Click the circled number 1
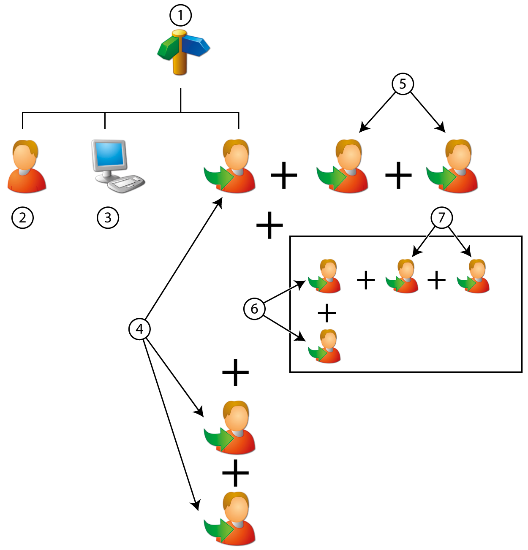tap(180, 16)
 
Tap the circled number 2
tap(22, 218)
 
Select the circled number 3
tap(108, 218)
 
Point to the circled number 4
tap(139, 329)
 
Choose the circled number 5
tap(403, 84)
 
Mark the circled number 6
tap(254, 309)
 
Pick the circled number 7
tap(441, 218)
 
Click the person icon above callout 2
tap(26, 167)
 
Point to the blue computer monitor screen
tap(110, 154)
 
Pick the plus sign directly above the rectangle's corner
tap(269, 226)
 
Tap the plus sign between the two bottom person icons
tap(235, 473)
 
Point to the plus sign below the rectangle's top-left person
tap(327, 313)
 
